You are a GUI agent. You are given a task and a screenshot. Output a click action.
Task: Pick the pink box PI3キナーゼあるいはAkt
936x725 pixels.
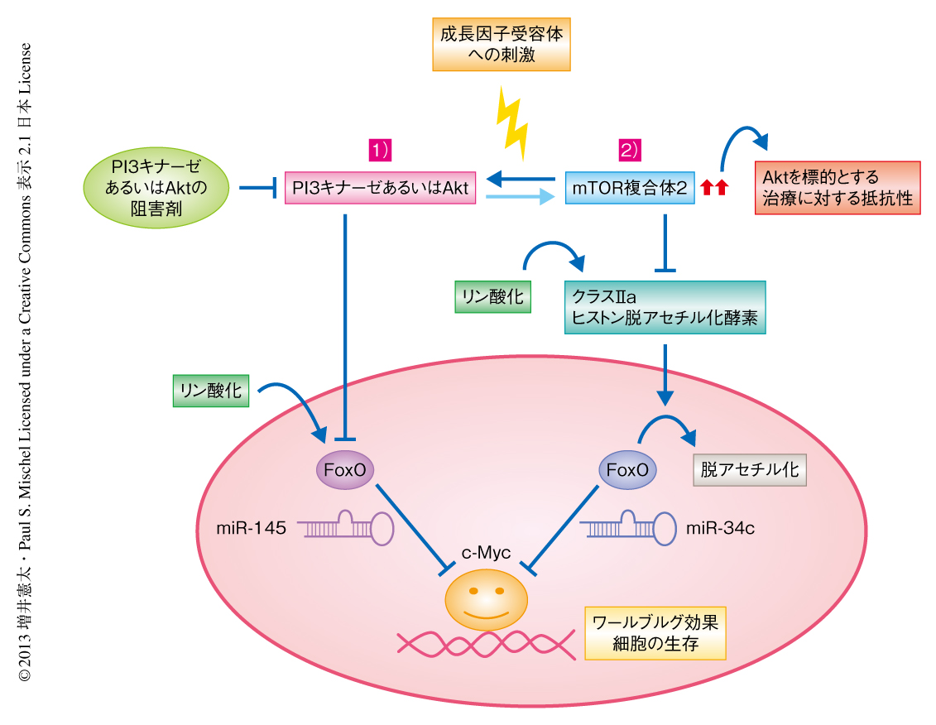(380, 189)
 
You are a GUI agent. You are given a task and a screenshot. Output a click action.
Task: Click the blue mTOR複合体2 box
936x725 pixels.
(630, 189)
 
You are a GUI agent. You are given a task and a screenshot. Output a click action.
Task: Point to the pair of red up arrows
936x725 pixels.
(713, 190)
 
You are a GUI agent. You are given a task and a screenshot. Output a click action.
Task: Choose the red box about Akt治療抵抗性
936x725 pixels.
(838, 189)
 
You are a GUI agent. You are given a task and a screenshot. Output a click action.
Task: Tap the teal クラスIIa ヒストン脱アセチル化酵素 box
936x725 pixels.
(665, 307)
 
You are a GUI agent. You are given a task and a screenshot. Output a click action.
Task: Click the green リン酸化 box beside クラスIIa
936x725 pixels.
(493, 297)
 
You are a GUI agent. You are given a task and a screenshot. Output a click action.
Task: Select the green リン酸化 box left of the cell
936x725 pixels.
(212, 390)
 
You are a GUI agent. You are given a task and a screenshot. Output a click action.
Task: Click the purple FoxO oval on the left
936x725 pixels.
(345, 470)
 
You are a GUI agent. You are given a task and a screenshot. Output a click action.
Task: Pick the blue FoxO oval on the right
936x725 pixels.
(626, 470)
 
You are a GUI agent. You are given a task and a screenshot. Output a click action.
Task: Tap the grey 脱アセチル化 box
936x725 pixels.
(749, 470)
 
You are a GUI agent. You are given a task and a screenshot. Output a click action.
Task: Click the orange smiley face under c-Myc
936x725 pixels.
(487, 598)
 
